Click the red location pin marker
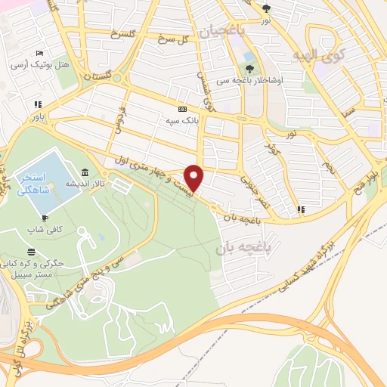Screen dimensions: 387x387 [194, 177]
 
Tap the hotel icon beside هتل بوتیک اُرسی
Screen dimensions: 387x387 [39, 54]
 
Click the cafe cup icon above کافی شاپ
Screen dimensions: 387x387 [45, 218]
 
